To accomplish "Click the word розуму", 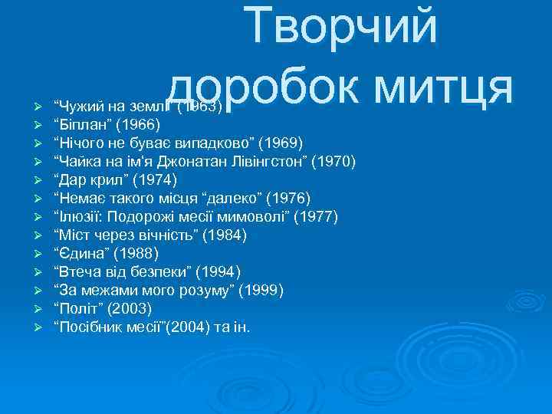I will click(x=202, y=291).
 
